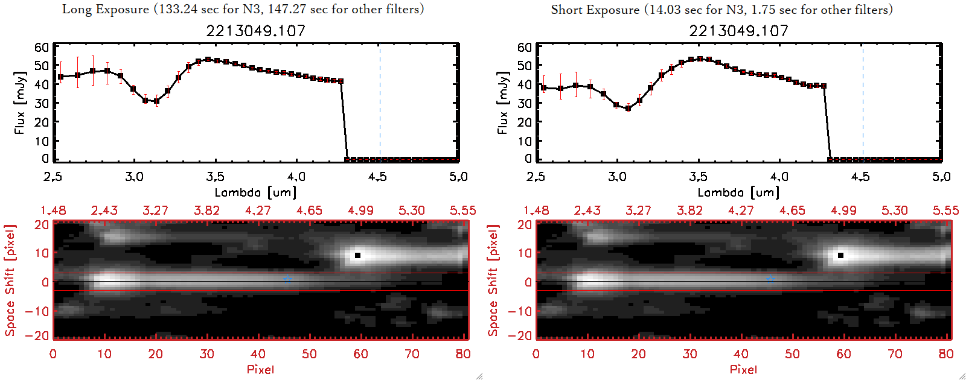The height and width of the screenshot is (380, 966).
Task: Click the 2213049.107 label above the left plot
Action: coord(256,31)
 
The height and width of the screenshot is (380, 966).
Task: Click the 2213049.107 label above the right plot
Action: coord(739,31)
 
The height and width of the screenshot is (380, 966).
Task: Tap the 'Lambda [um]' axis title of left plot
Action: coord(255,192)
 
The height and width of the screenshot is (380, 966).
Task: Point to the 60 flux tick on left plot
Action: coord(42,48)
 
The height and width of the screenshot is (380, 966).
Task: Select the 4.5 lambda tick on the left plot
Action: coord(377,177)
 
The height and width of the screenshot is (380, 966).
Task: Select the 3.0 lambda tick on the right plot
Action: coord(617,177)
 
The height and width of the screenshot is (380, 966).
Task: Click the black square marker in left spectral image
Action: coord(357,256)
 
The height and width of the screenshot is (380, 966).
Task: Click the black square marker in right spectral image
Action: coord(840,256)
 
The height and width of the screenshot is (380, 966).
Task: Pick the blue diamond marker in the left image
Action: coord(288,280)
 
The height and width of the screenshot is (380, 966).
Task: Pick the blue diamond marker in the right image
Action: coord(771,280)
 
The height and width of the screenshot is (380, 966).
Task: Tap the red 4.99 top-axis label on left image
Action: coord(360,211)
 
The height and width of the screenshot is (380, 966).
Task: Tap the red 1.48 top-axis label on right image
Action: coord(536,211)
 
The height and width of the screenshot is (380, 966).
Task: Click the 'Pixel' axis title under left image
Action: coord(260,369)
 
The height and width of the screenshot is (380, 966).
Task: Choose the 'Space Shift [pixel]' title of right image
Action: coord(493,280)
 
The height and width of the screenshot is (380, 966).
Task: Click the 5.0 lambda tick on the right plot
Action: coord(941,177)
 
